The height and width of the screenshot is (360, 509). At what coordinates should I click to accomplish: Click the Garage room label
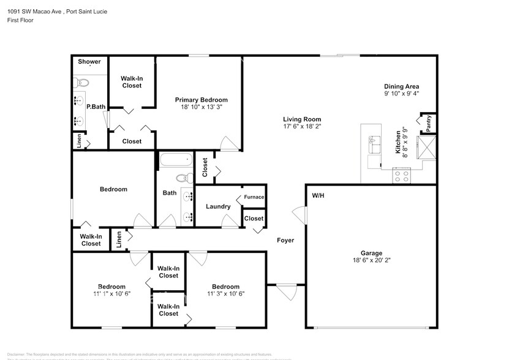pos(371,253)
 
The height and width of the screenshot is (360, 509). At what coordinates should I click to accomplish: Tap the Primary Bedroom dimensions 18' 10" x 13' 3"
pos(201,107)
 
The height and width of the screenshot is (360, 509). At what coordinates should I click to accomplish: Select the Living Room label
pos(301,119)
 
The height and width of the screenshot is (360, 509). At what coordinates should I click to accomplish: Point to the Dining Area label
pos(401,86)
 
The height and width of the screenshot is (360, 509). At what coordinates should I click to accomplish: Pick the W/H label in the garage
pos(318,197)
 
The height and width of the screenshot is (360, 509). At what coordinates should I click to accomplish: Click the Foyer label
pos(285,241)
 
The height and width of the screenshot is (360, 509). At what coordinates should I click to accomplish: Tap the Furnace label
pos(254,197)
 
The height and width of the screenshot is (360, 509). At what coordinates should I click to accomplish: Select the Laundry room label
pos(218,206)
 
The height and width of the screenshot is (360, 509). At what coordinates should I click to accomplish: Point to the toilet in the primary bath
pos(83,82)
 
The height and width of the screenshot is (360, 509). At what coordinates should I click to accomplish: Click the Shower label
pos(89,62)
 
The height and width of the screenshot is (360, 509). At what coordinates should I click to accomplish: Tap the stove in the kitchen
pos(401,176)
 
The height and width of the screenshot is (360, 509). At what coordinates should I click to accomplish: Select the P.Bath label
pos(96,107)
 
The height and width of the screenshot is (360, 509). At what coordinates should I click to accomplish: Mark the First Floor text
pos(20,20)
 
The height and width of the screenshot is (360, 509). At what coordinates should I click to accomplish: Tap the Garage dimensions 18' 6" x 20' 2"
pos(371,261)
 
